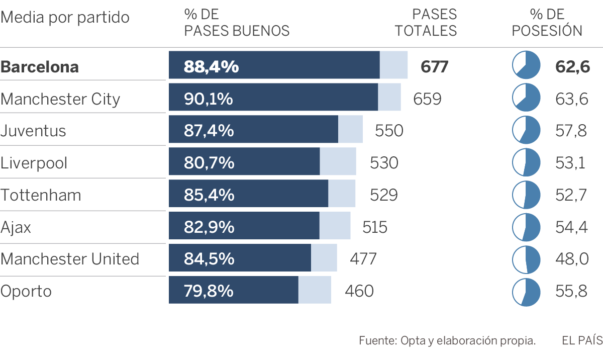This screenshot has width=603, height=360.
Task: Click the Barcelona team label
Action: (x=40, y=67)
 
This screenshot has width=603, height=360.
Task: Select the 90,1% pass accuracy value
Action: (x=209, y=99)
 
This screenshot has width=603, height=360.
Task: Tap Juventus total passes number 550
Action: (x=389, y=131)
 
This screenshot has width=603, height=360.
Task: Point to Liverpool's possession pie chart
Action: (x=526, y=162)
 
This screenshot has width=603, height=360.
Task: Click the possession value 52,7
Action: (x=571, y=195)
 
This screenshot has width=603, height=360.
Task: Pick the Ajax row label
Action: (x=16, y=227)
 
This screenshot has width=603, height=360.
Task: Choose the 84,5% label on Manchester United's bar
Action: (x=209, y=259)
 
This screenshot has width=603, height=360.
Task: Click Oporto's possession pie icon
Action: (x=526, y=292)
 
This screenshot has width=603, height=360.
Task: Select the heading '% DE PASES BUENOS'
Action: (x=237, y=23)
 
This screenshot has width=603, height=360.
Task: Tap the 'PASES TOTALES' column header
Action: (x=426, y=23)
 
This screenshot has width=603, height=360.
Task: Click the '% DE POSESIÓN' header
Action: (x=547, y=23)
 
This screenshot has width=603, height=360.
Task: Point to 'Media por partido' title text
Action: (x=65, y=18)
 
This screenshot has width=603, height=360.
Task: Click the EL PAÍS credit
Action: (x=582, y=340)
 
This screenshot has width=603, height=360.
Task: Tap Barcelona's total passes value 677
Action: (x=434, y=67)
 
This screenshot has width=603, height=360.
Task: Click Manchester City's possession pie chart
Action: (x=526, y=98)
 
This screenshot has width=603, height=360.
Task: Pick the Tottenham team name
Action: (x=41, y=195)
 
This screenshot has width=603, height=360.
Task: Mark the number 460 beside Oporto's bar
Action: (x=359, y=291)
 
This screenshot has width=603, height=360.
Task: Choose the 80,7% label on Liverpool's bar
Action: (x=209, y=163)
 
